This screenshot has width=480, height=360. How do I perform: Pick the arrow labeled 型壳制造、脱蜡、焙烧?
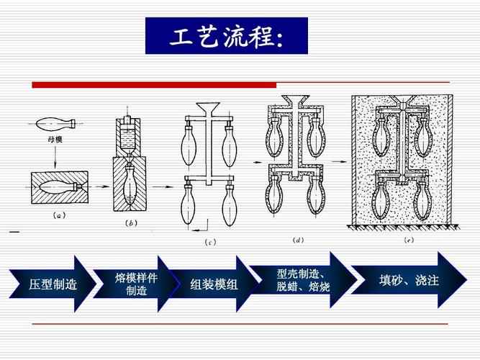302,280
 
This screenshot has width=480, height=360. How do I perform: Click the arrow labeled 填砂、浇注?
407,279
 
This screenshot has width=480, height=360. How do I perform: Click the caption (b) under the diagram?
130,222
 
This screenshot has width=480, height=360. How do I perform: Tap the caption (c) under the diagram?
211,241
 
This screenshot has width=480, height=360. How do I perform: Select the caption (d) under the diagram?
297,240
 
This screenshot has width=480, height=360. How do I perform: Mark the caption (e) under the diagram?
408,240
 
